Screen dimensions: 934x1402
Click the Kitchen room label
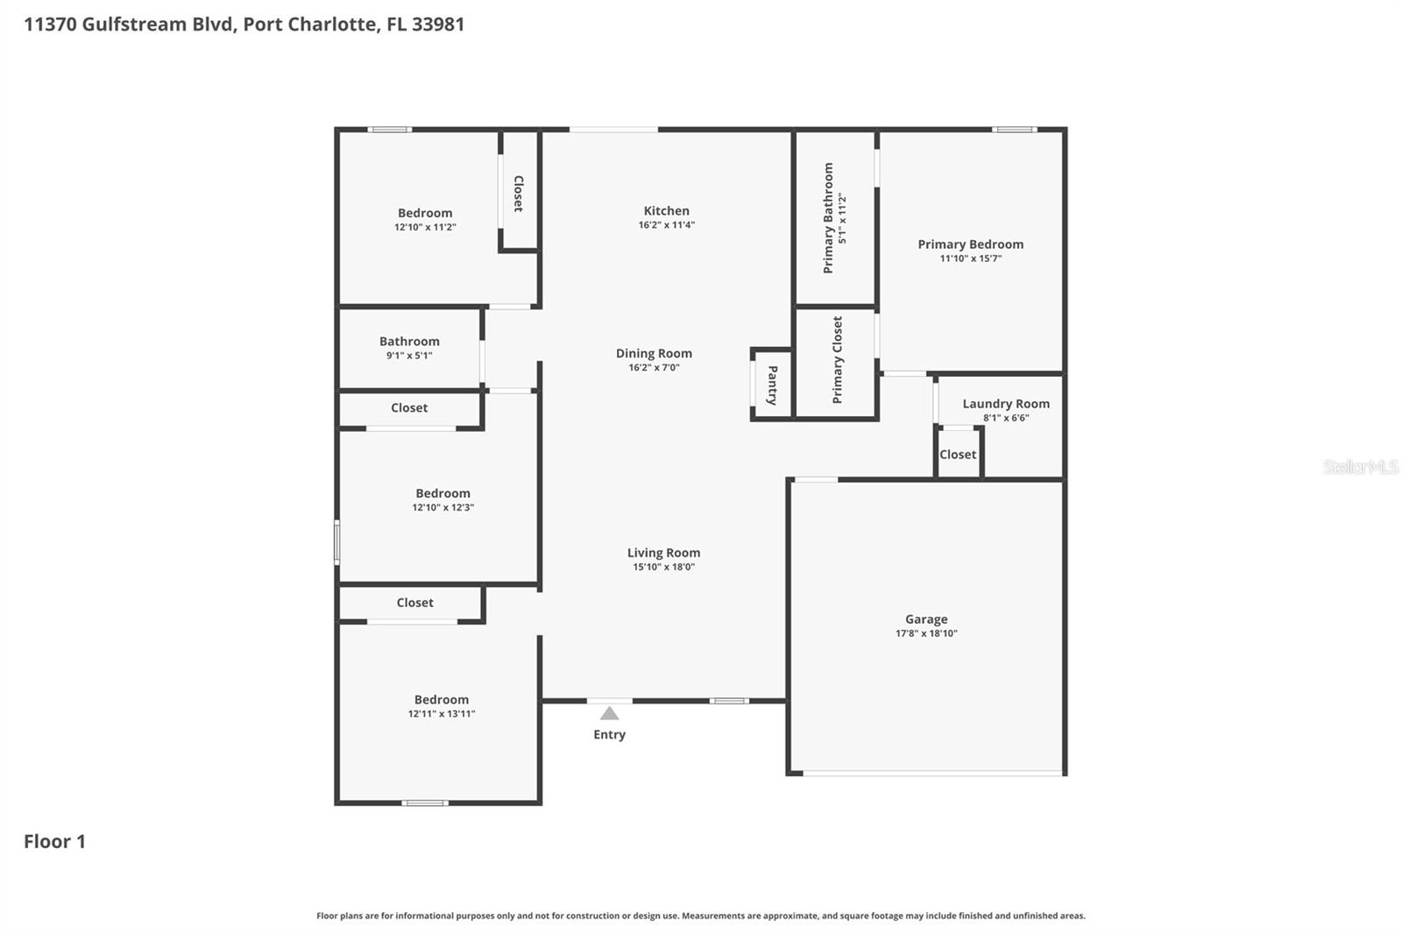(x=666, y=210)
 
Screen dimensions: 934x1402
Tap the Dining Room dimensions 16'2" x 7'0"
(x=654, y=368)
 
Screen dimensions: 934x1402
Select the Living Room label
(x=663, y=553)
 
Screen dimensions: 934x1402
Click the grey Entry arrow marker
(x=609, y=713)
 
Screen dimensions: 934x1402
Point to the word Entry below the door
(x=609, y=734)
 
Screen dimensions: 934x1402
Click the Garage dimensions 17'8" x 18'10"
(x=926, y=633)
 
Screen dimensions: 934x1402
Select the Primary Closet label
(x=837, y=359)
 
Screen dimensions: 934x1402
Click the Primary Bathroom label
(x=828, y=218)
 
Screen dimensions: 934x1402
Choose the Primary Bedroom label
(x=970, y=244)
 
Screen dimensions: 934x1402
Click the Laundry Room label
(x=1005, y=404)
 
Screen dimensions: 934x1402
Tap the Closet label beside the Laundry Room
(x=957, y=455)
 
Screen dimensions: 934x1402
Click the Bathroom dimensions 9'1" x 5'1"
(x=409, y=356)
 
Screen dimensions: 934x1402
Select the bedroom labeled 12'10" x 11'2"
(x=425, y=213)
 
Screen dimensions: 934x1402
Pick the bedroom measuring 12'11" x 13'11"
(x=441, y=699)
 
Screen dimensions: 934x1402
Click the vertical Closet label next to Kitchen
(x=518, y=194)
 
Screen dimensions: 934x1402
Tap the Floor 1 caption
(x=54, y=841)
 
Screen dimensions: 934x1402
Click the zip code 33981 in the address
(x=438, y=24)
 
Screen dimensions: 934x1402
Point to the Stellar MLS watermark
(x=1360, y=467)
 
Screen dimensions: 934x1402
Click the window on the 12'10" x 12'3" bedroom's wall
(x=336, y=542)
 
